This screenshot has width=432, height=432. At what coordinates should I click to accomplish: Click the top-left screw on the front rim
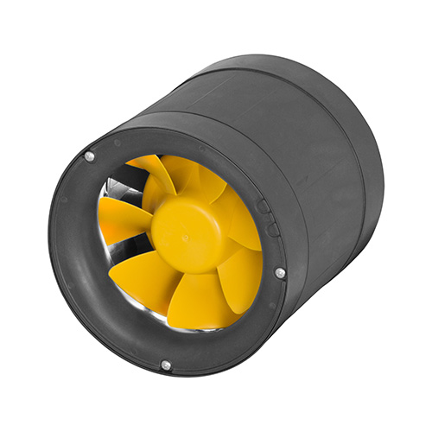89,156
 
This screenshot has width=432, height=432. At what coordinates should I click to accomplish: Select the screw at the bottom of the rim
165,365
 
